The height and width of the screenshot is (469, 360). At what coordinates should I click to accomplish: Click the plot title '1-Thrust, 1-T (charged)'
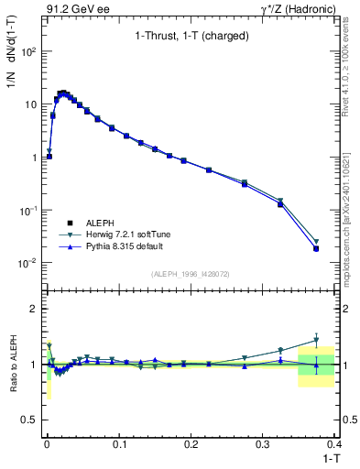click(185, 38)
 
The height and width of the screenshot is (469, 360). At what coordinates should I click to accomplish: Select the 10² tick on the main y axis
click(27, 51)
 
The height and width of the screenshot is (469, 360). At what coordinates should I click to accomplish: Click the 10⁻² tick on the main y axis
click(27, 263)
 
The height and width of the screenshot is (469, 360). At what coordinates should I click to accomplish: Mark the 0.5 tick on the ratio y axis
click(29, 420)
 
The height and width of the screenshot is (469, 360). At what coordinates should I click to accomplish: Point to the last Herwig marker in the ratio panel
click(316, 340)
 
